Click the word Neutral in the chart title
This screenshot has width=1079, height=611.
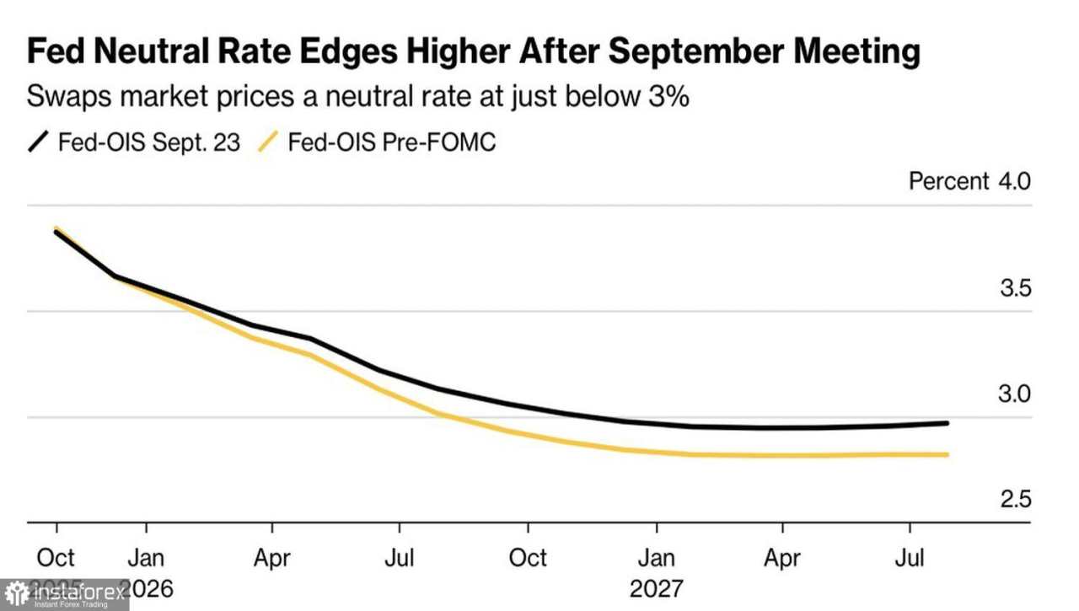coord(140,52)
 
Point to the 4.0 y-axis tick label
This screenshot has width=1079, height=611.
coord(1015,181)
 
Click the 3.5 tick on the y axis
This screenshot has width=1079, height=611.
coord(1015,288)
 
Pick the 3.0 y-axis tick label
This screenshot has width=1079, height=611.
coord(1015,394)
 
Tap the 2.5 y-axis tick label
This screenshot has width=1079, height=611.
coord(1015,500)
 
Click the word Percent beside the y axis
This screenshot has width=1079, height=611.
coord(948,181)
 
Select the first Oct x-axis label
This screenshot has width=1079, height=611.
coord(56,558)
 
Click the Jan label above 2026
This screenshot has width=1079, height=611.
coord(147,558)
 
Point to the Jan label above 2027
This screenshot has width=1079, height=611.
coord(657,558)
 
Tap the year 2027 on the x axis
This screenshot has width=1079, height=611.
coord(657,587)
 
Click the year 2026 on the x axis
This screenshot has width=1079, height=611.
coord(147,587)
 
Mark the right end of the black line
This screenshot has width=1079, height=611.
coord(947,423)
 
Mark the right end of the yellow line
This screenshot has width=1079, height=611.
coord(947,454)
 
